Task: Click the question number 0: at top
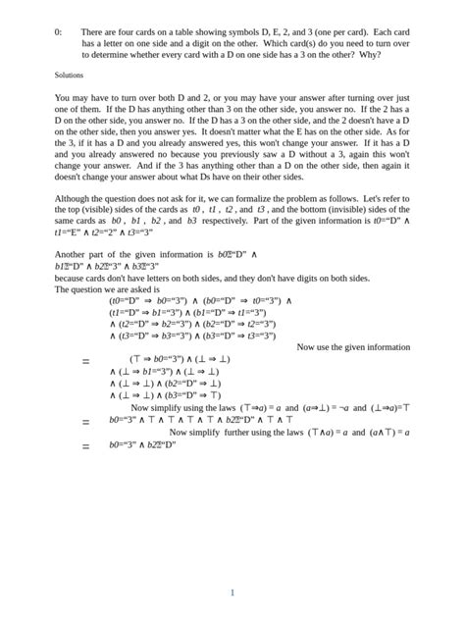point(58,32)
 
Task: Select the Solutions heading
point(69,75)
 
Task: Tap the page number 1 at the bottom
point(232,593)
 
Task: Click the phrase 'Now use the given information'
point(352,346)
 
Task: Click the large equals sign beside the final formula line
point(86,445)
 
